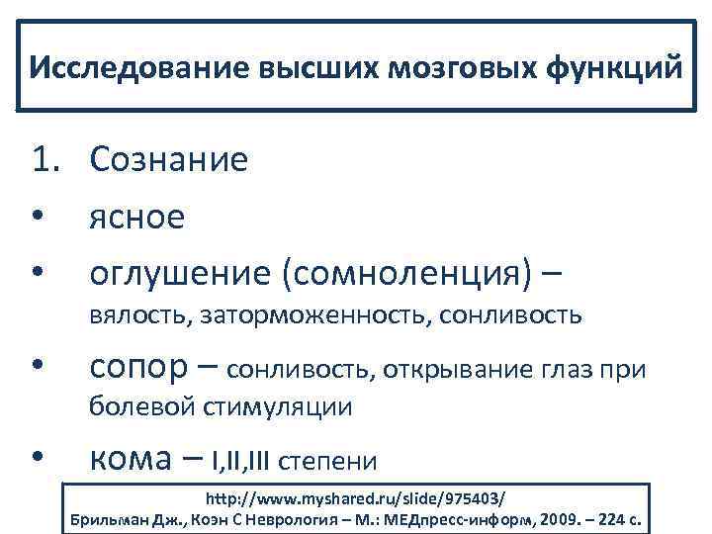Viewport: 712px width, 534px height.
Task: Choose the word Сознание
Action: coord(169,159)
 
